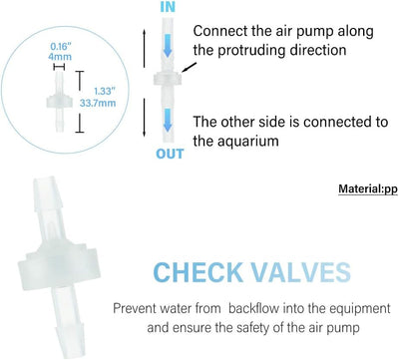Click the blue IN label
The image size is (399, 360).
click(x=168, y=7)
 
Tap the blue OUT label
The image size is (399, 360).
click(x=170, y=154)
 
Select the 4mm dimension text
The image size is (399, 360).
click(x=60, y=57)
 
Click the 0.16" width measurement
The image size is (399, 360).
click(x=61, y=47)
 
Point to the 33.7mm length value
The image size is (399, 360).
click(x=98, y=103)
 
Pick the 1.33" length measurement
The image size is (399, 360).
click(x=105, y=91)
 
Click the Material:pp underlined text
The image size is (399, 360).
click(x=368, y=189)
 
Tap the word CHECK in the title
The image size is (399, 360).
click(x=199, y=272)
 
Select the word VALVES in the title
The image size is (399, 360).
click(x=301, y=272)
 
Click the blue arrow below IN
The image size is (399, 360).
click(x=168, y=45)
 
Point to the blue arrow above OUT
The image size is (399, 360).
click(x=168, y=120)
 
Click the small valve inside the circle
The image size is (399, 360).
click(x=59, y=103)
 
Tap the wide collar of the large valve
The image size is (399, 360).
click(x=59, y=266)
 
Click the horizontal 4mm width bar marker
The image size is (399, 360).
click(x=59, y=67)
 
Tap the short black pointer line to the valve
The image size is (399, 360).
click(x=188, y=67)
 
